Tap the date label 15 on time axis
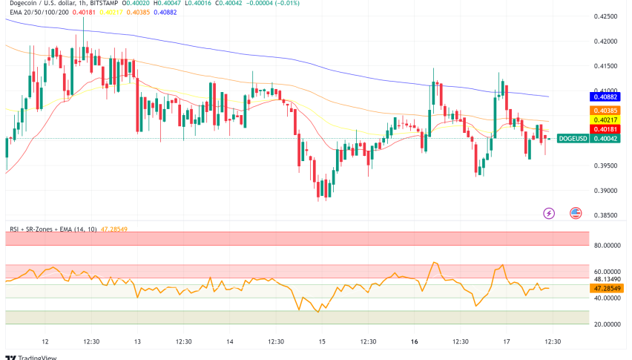click(x=322, y=341)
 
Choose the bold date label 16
click(x=415, y=341)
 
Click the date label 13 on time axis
click(x=137, y=341)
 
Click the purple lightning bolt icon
click(x=549, y=213)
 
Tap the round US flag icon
click(x=575, y=213)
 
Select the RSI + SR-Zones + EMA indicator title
click(x=56, y=230)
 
